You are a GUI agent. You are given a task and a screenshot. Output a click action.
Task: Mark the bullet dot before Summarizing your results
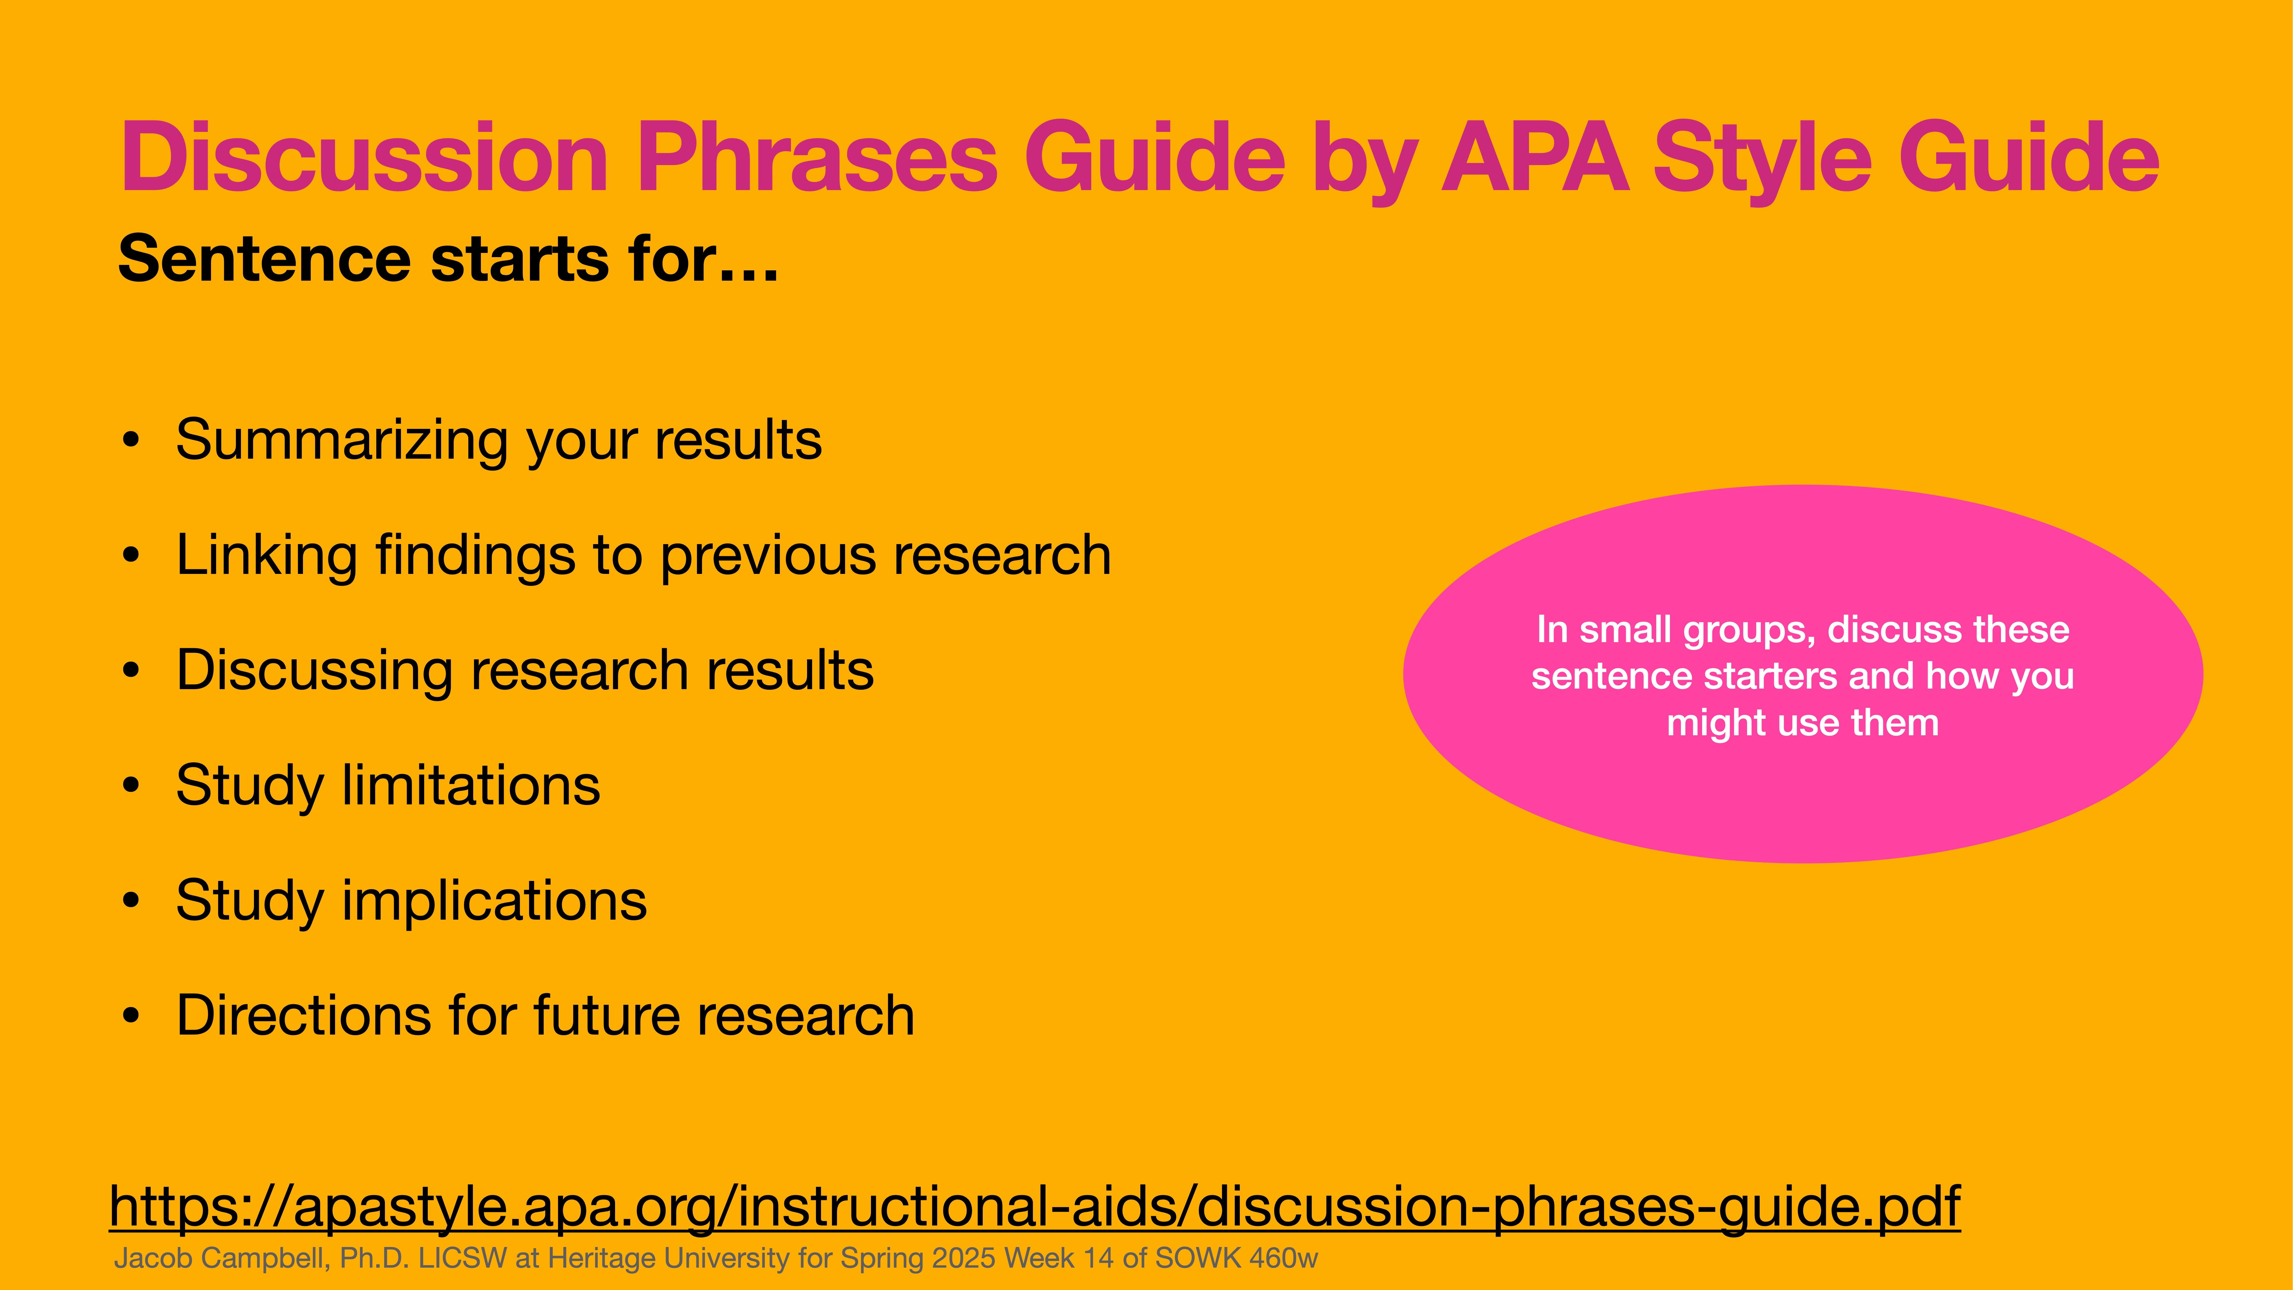click(132, 441)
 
